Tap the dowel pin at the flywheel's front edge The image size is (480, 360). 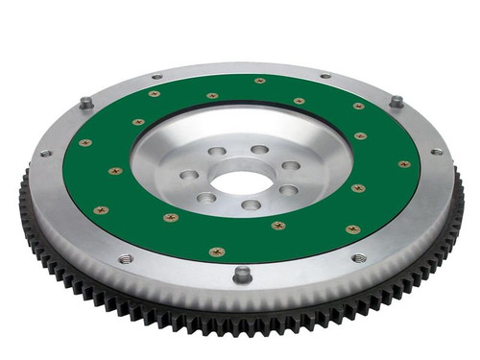[241, 274]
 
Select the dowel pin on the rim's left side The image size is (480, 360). [87, 103]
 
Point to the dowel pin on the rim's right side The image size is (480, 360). [395, 101]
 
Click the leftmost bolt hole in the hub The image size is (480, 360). [189, 176]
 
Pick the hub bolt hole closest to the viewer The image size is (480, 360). [251, 204]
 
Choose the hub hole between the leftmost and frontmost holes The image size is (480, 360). [206, 198]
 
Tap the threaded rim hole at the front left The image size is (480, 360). [125, 257]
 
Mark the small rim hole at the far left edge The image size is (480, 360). [45, 153]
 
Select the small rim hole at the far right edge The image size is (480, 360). [437, 152]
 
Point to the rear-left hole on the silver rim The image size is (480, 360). [157, 77]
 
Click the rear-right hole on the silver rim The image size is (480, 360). [324, 76]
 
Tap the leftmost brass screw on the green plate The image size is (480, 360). [85, 142]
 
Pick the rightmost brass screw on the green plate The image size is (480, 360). [404, 164]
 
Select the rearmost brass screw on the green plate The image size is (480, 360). [259, 81]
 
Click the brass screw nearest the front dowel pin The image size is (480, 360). [217, 252]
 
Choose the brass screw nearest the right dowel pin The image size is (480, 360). [358, 106]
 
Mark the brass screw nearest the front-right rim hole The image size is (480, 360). [351, 229]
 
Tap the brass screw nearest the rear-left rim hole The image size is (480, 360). [154, 94]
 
